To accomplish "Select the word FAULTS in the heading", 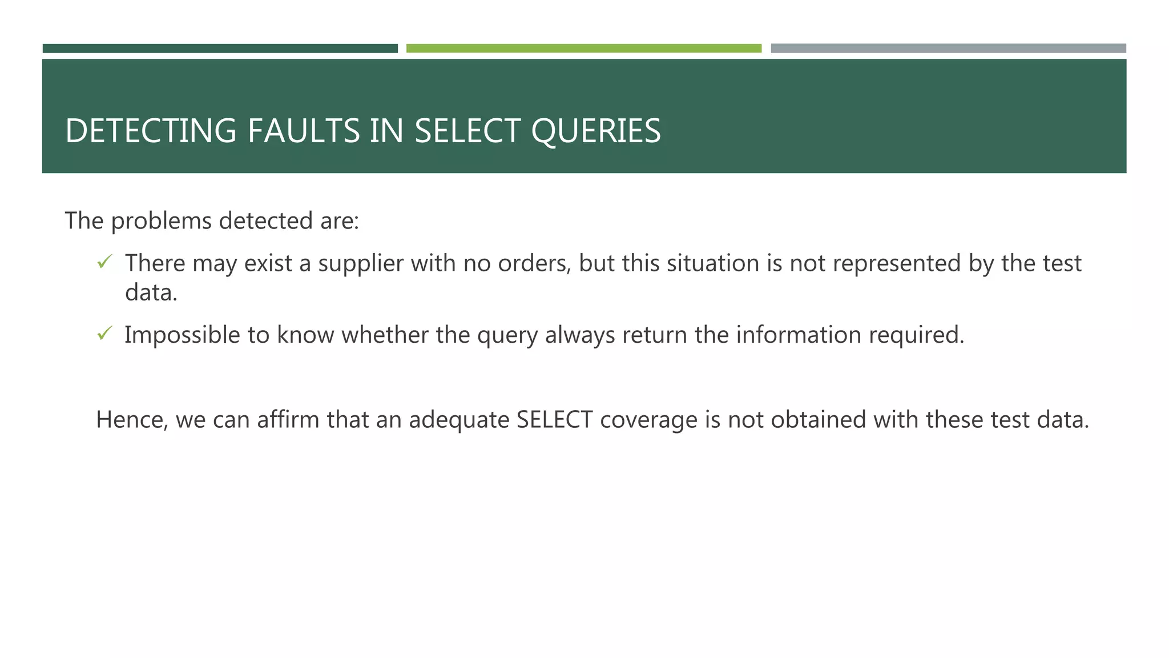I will point(304,131).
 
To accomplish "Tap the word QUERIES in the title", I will point(596,131).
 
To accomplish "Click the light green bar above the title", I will point(583,49).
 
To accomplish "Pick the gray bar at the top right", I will point(948,49).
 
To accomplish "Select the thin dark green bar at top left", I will point(220,49).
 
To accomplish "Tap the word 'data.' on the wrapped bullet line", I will point(151,293).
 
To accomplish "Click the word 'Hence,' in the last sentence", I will point(132,420).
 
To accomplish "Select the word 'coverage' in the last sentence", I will point(648,420).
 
